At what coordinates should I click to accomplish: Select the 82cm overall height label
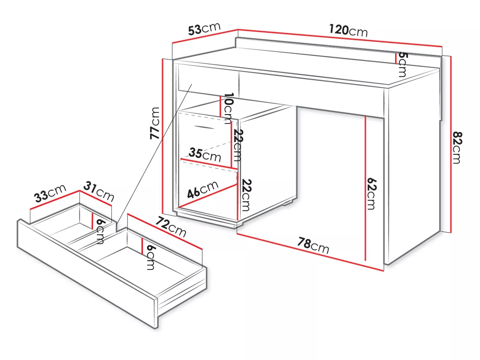click(x=457, y=148)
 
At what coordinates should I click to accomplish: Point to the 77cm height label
click(x=154, y=123)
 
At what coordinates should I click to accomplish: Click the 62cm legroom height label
click(x=372, y=194)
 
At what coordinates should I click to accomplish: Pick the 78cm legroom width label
click(x=313, y=245)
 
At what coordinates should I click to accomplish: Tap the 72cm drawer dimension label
click(x=171, y=226)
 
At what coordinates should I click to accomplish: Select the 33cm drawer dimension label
click(x=50, y=193)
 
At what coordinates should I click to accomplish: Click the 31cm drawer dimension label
click(x=99, y=192)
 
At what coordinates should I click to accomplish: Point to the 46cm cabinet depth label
click(x=203, y=189)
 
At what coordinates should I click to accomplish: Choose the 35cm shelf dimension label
click(x=205, y=154)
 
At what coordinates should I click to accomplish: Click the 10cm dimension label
click(x=229, y=108)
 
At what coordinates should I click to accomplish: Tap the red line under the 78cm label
click(x=310, y=252)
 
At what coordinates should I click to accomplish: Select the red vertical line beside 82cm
click(x=451, y=144)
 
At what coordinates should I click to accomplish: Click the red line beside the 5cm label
click(x=396, y=58)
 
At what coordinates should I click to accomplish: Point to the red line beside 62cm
click(x=365, y=188)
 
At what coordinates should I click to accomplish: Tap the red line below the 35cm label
click(x=209, y=164)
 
